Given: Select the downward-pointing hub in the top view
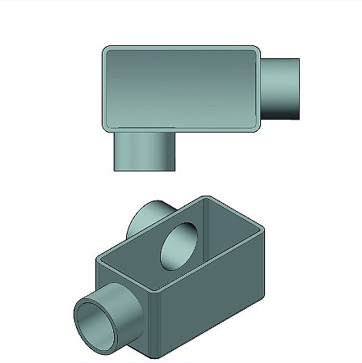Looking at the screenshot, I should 144,151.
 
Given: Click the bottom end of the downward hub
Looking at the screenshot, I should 144,169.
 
